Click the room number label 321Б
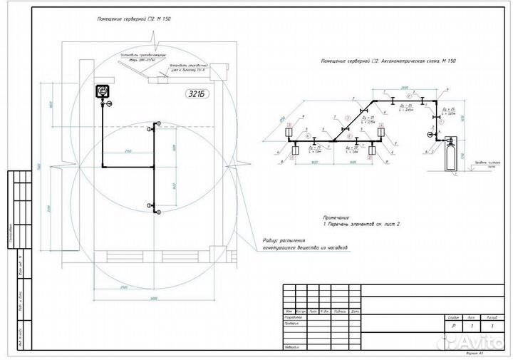pos(199,94)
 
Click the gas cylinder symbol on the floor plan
pos(102,91)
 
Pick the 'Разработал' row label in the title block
pos(294,319)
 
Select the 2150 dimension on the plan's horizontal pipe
pos(128,152)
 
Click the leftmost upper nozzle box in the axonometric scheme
pos(291,133)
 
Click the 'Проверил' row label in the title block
pos(293,325)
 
